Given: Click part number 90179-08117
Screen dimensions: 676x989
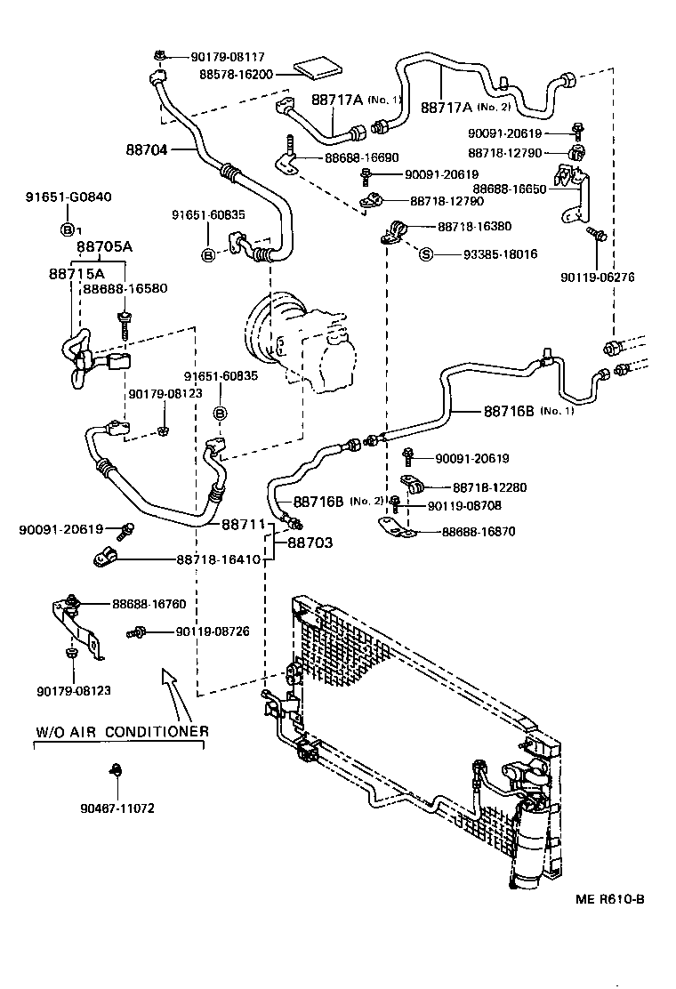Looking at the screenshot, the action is coord(228,57).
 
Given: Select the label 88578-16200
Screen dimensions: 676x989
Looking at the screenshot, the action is coord(236,75).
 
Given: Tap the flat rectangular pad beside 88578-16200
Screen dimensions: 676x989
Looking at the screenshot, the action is coord(318,68).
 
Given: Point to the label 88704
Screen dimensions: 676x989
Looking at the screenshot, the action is coord(146,149).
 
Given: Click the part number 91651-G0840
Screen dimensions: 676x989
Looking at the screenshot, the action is coord(68,197).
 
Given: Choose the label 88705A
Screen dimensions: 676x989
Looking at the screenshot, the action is coord(105,246).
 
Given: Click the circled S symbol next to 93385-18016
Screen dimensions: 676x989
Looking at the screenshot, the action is coord(426,255).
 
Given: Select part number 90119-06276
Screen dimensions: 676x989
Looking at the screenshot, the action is coord(597,277).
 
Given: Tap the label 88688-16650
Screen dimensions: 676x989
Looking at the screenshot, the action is coord(510,189).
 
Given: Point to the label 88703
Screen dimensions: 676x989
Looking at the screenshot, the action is coord(310,543).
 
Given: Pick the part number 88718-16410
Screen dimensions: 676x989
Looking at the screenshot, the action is coord(218,559).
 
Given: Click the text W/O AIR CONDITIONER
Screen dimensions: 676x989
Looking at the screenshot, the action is coord(123,732).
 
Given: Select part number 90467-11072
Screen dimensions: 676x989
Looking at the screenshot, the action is coord(117,808).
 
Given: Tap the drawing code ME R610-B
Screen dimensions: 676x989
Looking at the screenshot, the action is coord(610,899).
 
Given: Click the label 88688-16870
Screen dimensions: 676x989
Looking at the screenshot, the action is coord(478,532).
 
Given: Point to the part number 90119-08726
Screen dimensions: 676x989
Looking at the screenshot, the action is coord(213,631).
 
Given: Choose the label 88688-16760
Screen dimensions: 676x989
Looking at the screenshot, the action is coord(149,604).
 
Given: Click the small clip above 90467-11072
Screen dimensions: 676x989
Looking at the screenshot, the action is coord(116,770).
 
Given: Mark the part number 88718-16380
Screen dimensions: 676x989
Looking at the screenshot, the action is coord(475,227).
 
